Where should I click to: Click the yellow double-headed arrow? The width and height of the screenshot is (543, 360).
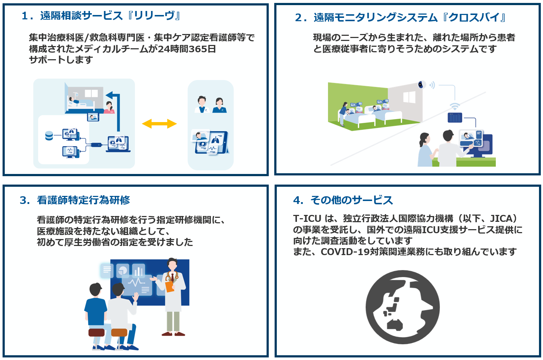coord(159,124)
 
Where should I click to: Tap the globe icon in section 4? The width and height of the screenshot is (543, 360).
coord(403,307)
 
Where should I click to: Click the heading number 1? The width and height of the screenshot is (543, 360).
coord(25,16)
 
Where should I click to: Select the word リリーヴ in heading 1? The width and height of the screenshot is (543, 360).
coord(154,16)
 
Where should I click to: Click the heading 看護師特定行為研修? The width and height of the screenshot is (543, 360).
coord(83,200)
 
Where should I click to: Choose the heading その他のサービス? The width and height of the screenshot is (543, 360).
coord(351,200)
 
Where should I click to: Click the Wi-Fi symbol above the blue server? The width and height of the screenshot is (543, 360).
coord(455,106)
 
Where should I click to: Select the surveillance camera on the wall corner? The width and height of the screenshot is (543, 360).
coord(422,85)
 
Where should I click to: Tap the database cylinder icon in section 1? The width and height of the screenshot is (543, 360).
coord(49,136)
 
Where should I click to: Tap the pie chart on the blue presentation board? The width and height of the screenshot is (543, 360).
coord(123,270)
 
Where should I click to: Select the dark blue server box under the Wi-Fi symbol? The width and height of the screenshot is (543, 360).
coord(455,118)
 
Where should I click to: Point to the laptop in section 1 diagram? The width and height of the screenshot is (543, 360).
coord(118,144)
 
